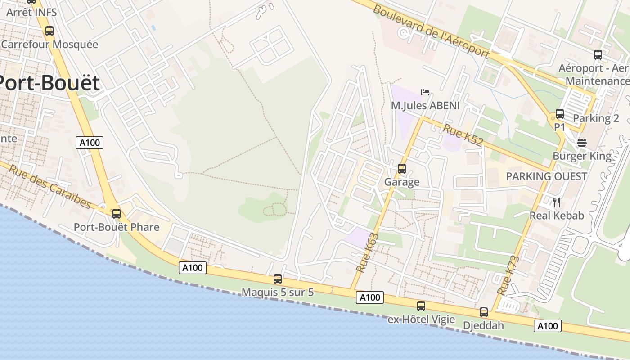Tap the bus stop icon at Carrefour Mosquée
pyautogui.click(x=49, y=31)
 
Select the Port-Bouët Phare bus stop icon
pyautogui.click(x=117, y=214)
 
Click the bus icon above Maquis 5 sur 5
pyautogui.click(x=278, y=279)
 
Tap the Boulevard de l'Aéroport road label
pyautogui.click(x=431, y=31)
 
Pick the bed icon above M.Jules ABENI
pyautogui.click(x=425, y=92)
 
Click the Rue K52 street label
pyautogui.click(x=463, y=135)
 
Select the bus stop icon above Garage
pyautogui.click(x=402, y=169)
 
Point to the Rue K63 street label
pyautogui.click(x=368, y=252)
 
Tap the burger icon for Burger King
pyautogui.click(x=582, y=143)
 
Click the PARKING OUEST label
pyautogui.click(x=546, y=176)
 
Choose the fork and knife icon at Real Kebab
pyautogui.click(x=557, y=202)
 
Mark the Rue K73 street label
pyautogui.click(x=508, y=275)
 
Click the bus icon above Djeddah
pyautogui.click(x=484, y=312)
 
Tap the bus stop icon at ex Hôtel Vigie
pyautogui.click(x=421, y=306)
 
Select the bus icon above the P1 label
pyautogui.click(x=560, y=114)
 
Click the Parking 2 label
pyautogui.click(x=596, y=118)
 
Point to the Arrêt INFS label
pyautogui.click(x=31, y=12)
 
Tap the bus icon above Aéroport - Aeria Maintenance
pyautogui.click(x=598, y=55)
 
